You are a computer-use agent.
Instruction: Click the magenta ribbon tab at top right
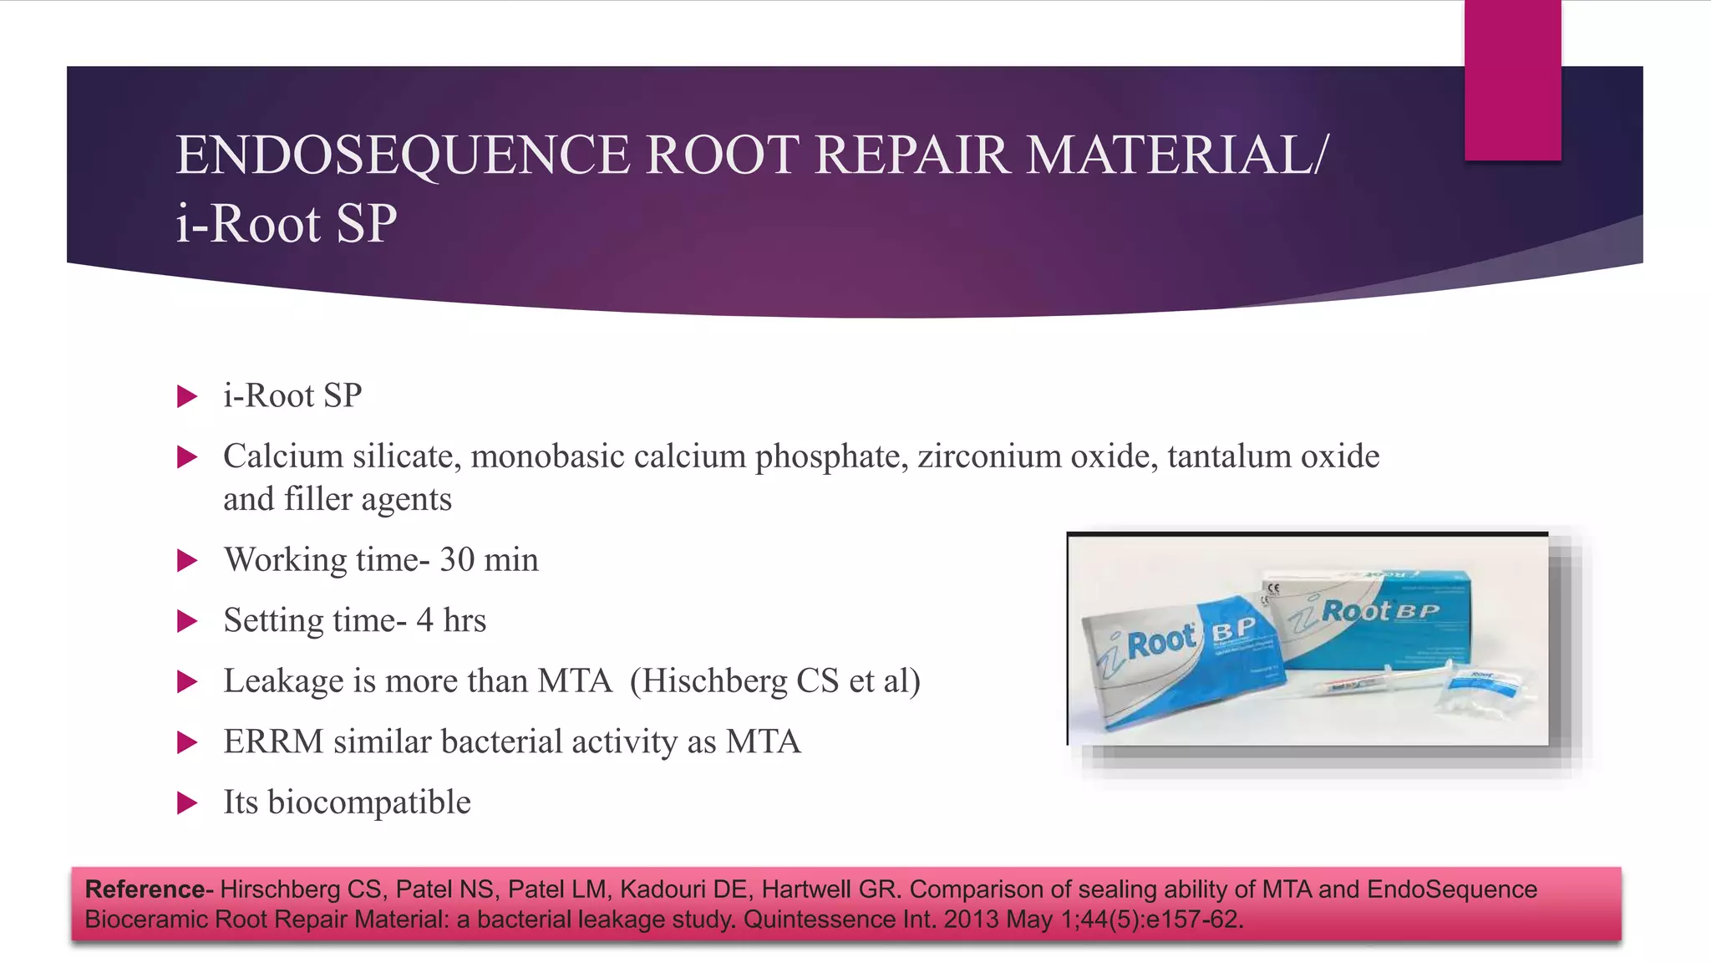[x=1512, y=80]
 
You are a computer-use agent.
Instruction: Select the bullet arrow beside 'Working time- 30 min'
[x=187, y=560]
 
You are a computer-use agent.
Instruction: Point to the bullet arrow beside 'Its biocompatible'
[x=187, y=802]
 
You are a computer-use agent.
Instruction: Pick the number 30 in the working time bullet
[x=457, y=560]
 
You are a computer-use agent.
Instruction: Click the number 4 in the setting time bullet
[x=424, y=620]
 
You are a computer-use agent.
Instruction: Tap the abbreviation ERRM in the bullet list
[x=273, y=741]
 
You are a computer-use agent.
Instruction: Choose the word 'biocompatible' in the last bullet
[x=368, y=802]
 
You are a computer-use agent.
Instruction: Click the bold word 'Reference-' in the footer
[x=149, y=889]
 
